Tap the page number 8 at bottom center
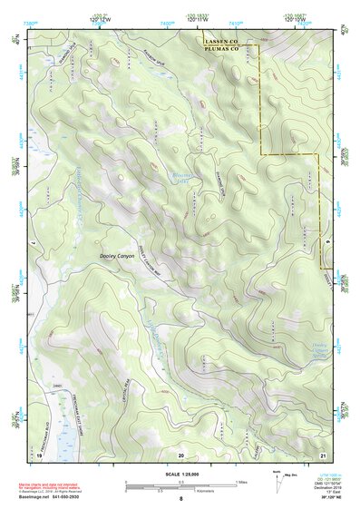(180, 500)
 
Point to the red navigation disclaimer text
(55, 482)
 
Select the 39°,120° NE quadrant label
(330, 500)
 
